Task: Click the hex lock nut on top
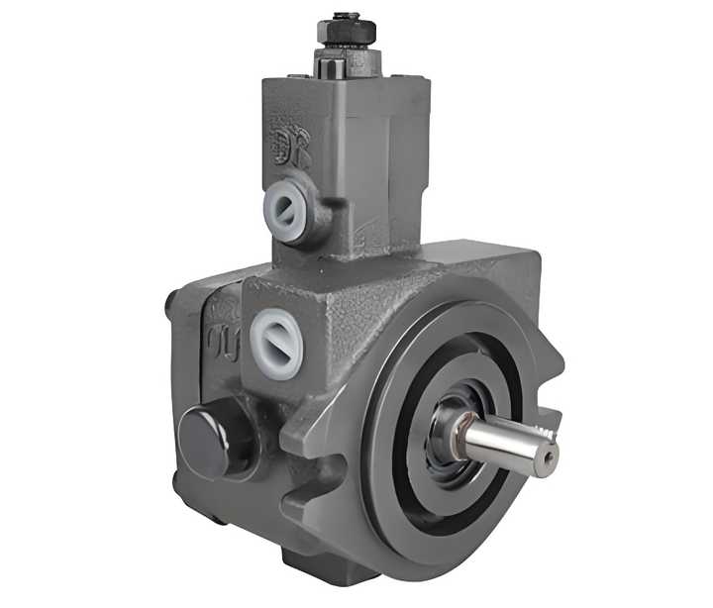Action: (347, 34)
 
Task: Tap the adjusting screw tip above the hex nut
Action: (347, 16)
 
